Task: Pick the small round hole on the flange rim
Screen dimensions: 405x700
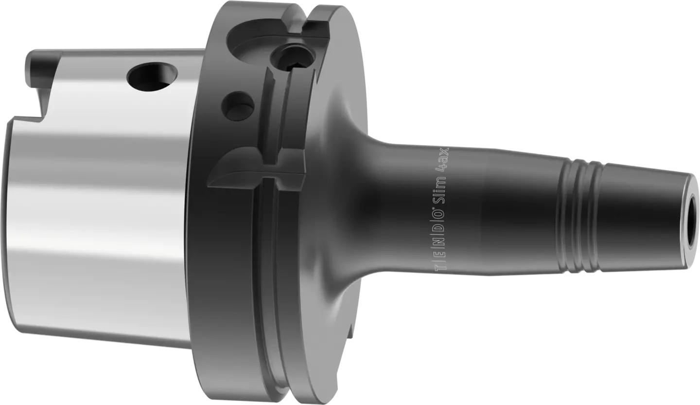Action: (x=238, y=105)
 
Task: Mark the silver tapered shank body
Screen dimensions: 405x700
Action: (x=97, y=219)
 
